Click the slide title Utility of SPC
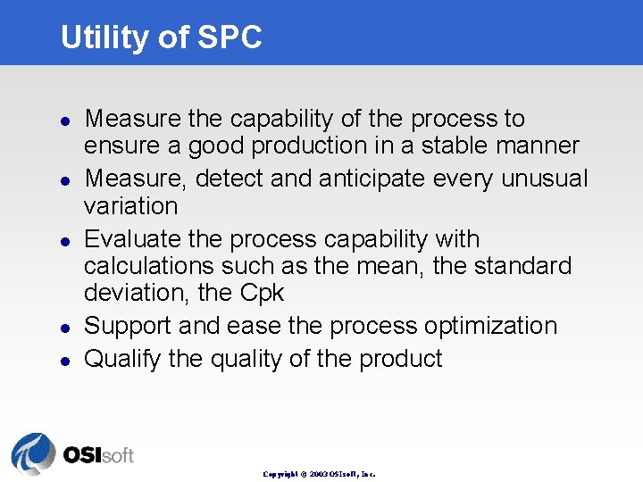pos(161,37)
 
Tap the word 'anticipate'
pos(374,179)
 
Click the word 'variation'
pos(130,205)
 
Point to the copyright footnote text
pos(319,474)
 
